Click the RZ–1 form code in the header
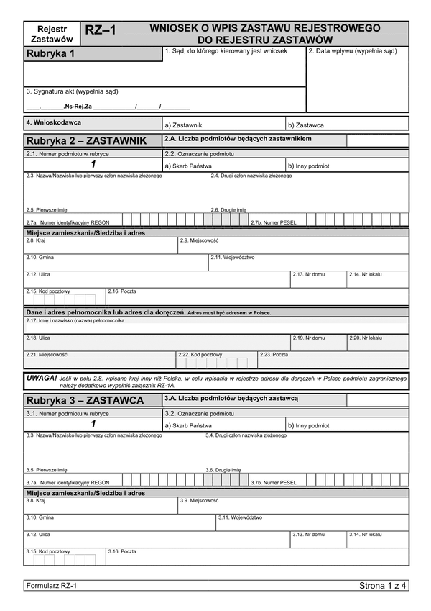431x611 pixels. (100, 31)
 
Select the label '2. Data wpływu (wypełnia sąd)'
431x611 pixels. (352, 51)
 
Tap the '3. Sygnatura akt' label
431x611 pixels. (71, 91)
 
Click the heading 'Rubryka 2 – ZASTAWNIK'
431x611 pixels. (85, 140)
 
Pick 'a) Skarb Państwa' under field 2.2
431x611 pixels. (188, 166)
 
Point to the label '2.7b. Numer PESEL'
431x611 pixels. (273, 222)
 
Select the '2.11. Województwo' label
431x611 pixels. (233, 257)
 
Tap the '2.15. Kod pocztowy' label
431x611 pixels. (47, 291)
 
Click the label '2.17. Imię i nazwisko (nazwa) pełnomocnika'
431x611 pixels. (75, 320)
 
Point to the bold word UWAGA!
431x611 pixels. (41, 377)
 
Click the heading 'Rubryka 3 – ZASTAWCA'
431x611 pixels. (83, 400)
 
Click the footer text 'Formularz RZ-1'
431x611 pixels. (51, 586)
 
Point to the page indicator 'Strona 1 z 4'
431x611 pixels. (382, 586)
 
